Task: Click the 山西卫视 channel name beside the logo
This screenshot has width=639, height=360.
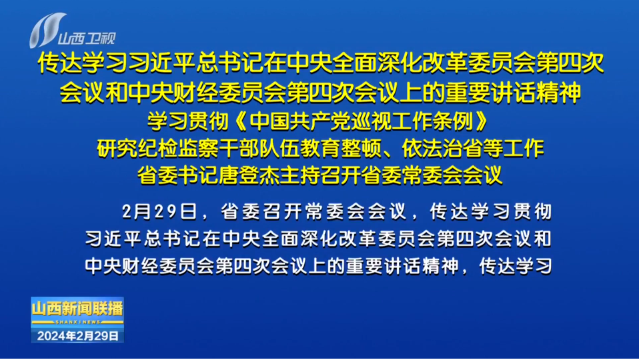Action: [x=87, y=38]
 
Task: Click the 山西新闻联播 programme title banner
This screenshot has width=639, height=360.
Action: [x=77, y=309]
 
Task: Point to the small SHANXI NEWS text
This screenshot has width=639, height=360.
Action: [x=77, y=322]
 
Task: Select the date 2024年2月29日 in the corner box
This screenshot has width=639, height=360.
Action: [x=77, y=335]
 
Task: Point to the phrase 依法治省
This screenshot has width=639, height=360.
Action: [x=442, y=148]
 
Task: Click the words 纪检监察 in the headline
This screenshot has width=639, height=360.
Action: [x=177, y=148]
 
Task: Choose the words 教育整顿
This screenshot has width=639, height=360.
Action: [x=340, y=148]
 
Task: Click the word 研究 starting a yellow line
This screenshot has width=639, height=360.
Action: [x=117, y=148]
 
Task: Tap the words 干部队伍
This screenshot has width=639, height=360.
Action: [x=259, y=148]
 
